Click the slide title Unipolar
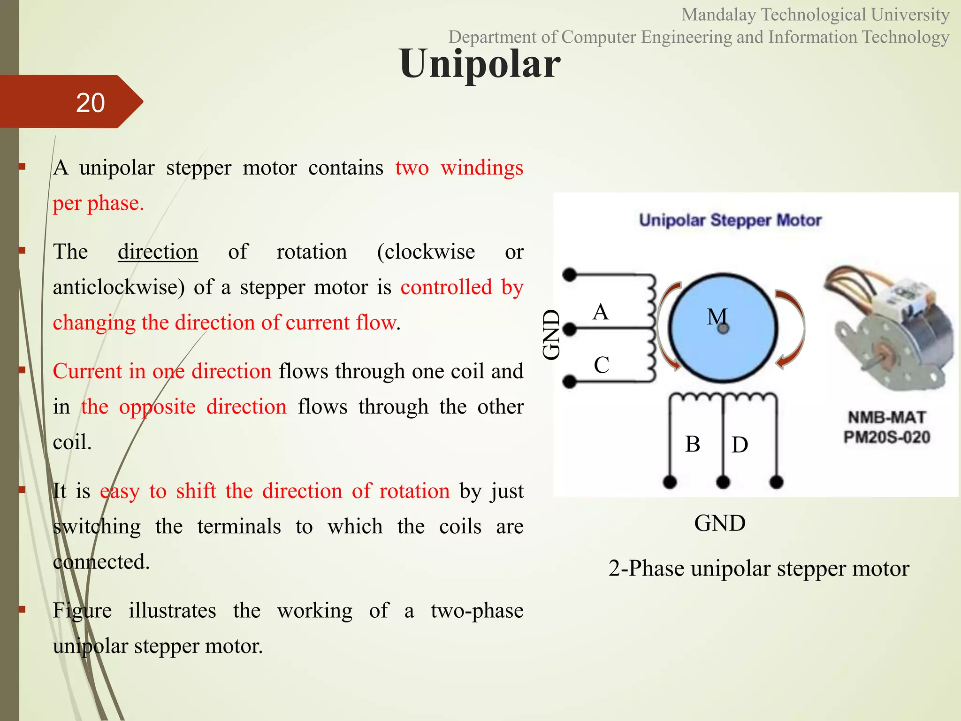(x=480, y=64)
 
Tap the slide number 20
(x=90, y=103)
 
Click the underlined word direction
(x=158, y=252)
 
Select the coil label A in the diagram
(x=600, y=312)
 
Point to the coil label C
(x=601, y=365)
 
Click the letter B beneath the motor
(x=692, y=444)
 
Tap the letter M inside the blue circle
(x=717, y=317)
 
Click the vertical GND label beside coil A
(x=552, y=335)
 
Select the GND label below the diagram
(x=719, y=523)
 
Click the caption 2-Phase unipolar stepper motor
(x=758, y=568)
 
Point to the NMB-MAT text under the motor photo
(x=886, y=417)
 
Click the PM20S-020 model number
(x=886, y=437)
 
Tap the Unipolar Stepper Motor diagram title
(x=730, y=220)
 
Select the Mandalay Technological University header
(x=815, y=15)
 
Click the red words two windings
(x=459, y=168)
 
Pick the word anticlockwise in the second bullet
(x=119, y=287)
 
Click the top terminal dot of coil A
(x=569, y=275)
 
